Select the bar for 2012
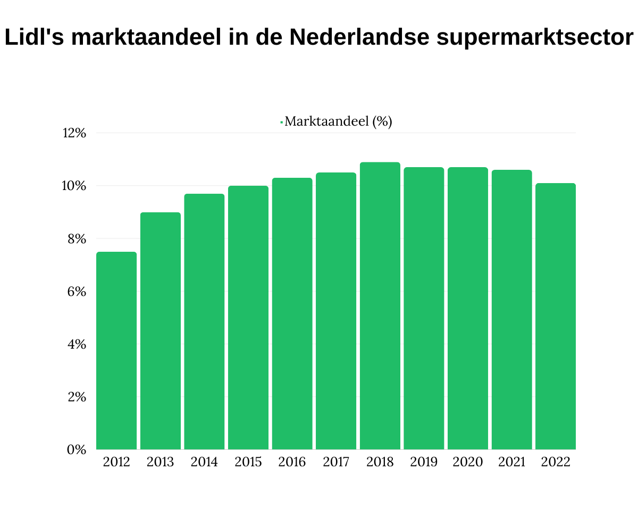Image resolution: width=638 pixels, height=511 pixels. point(116,351)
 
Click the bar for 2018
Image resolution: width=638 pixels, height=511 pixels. point(380,306)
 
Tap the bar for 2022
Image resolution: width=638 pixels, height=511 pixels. point(556,316)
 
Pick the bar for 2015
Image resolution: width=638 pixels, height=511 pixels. point(248,318)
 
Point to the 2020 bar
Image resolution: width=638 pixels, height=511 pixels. point(468,309)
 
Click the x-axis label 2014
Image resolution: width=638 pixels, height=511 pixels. point(204,462)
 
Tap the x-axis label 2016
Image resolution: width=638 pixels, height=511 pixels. point(292,462)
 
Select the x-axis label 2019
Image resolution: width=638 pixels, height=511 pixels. point(424,462)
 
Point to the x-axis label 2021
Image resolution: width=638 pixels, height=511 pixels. point(511,462)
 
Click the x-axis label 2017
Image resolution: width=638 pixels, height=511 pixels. point(336,462)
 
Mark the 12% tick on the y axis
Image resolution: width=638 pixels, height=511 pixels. point(74,133)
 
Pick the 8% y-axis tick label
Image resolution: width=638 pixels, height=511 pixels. point(77,239)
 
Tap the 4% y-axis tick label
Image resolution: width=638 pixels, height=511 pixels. point(77,344)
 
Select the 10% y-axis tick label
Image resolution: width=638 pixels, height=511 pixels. point(74,186)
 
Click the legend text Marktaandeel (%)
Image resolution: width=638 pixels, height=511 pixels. point(338,121)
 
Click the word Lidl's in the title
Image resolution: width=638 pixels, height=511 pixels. point(34,38)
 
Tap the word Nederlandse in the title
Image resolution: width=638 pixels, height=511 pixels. point(351,38)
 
